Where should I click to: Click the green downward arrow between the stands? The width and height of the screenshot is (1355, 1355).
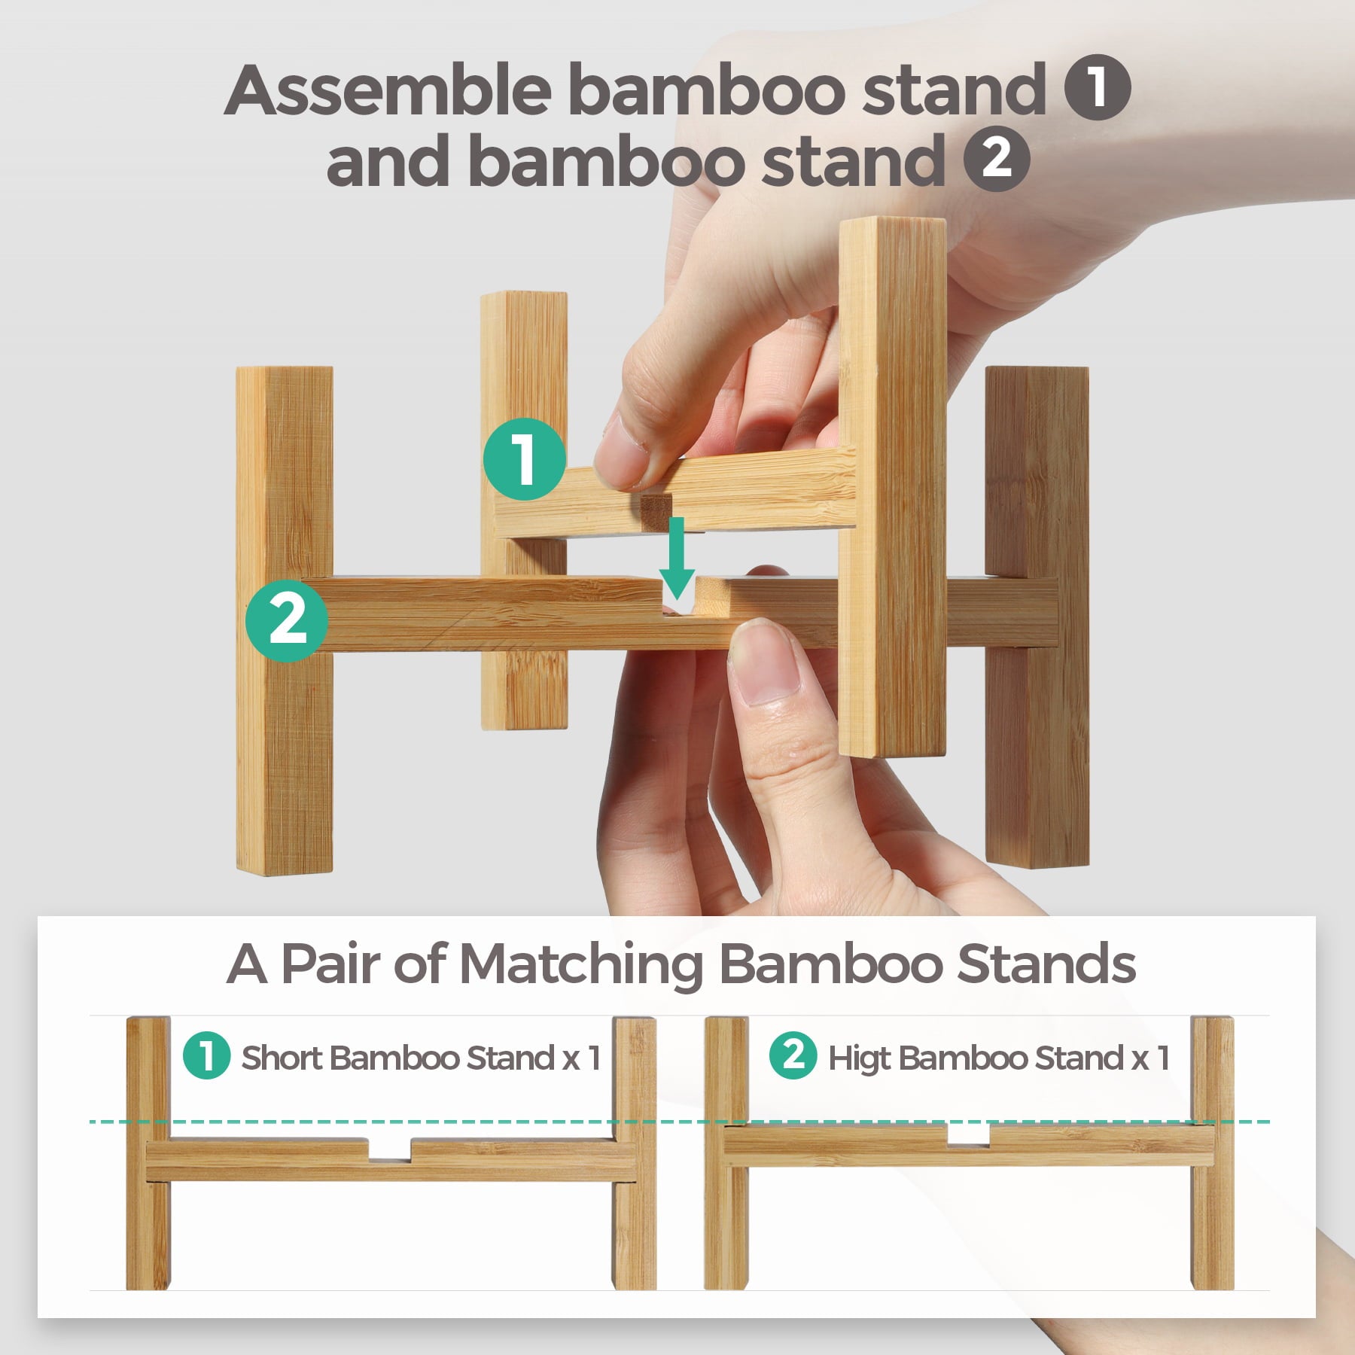pyautogui.click(x=677, y=557)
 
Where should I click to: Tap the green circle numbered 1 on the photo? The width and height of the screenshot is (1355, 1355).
pyautogui.click(x=525, y=459)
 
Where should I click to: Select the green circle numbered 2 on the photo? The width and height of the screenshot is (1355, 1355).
pyautogui.click(x=287, y=620)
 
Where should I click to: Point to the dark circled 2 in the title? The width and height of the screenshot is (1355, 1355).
pyautogui.click(x=997, y=159)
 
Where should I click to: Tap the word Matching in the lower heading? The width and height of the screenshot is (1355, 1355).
pyautogui.click(x=580, y=966)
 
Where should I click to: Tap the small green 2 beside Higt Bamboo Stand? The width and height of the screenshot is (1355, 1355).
pyautogui.click(x=793, y=1055)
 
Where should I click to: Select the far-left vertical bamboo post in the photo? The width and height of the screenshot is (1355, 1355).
pyautogui.click(x=285, y=620)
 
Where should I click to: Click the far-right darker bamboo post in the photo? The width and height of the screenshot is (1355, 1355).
pyautogui.click(x=1037, y=617)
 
